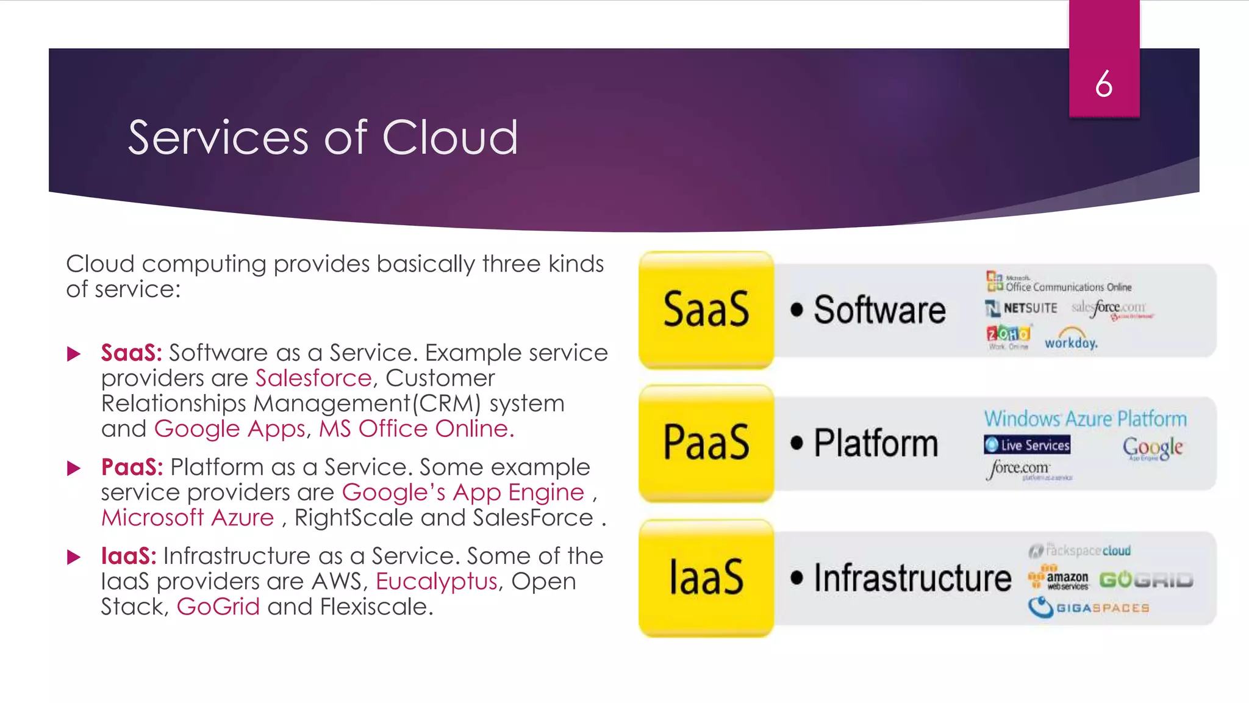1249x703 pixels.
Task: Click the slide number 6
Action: (x=1103, y=84)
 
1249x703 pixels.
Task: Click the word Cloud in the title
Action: (x=449, y=138)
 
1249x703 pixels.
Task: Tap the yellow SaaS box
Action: (x=706, y=309)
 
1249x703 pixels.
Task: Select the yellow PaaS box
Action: (x=706, y=442)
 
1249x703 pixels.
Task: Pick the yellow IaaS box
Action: (x=706, y=577)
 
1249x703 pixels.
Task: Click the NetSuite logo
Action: (x=1021, y=308)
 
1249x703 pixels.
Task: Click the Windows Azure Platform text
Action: (x=1085, y=419)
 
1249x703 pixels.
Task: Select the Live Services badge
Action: (x=1027, y=445)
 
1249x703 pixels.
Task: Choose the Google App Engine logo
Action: (x=1152, y=449)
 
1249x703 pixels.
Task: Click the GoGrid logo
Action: (x=1146, y=580)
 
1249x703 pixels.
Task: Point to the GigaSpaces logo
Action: (x=1089, y=607)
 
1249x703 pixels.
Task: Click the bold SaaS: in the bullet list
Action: (x=131, y=353)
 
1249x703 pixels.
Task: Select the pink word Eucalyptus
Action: (x=436, y=582)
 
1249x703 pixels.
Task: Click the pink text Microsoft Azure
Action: (x=187, y=517)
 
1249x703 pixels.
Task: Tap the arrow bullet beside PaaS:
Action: (x=74, y=468)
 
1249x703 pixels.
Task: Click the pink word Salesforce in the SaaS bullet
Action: (x=313, y=378)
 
